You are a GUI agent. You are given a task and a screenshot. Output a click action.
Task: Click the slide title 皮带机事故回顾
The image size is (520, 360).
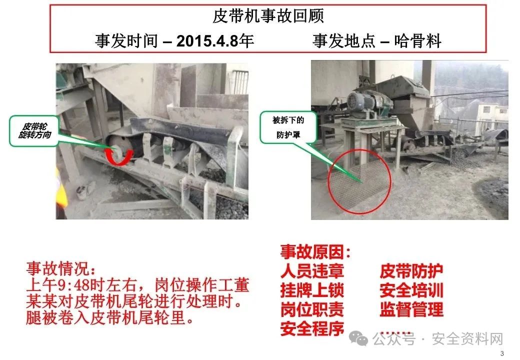[x=268, y=16]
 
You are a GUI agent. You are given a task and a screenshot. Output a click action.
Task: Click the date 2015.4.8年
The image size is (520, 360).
[x=215, y=41]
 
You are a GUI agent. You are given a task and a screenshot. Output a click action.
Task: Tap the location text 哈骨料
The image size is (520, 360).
[x=417, y=41]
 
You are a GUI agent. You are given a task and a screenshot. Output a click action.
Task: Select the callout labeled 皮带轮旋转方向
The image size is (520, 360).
[x=34, y=130]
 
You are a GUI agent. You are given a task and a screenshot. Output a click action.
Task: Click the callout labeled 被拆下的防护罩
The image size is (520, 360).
[x=288, y=127]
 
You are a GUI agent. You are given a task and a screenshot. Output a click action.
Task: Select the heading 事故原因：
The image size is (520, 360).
[x=315, y=252]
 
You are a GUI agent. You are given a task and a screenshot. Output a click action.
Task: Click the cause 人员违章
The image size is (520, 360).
[x=312, y=271]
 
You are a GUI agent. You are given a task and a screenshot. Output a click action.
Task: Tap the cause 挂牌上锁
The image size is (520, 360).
[x=312, y=290]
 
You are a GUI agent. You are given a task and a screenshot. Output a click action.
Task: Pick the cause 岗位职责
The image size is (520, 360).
[x=312, y=309]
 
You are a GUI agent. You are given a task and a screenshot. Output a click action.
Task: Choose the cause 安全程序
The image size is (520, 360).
[x=312, y=329]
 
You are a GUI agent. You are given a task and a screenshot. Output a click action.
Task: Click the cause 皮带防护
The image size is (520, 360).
[x=411, y=271]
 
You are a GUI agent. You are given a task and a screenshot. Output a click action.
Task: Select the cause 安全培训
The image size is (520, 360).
[x=411, y=290]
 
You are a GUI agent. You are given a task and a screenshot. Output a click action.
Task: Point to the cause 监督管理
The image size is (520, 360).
[x=411, y=309]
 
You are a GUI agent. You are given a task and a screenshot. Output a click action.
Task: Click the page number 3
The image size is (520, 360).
[x=502, y=353]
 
